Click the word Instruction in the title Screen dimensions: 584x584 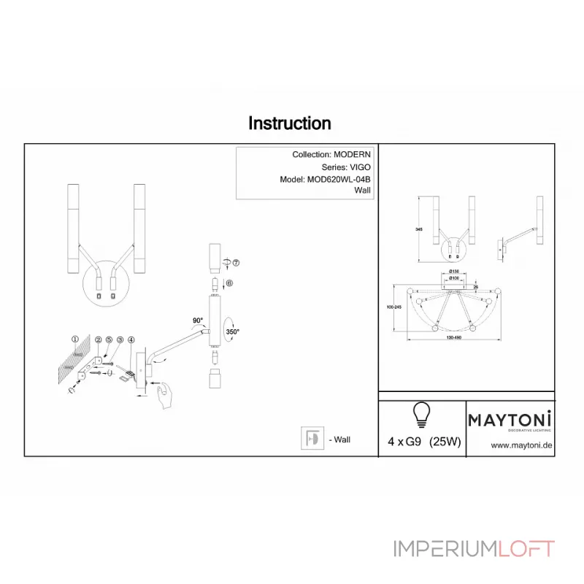(290, 123)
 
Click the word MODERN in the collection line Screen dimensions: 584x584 (353, 155)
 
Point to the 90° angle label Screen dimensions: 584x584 (198, 320)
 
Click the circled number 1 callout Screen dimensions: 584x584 (74, 339)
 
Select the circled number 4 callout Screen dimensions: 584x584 (131, 340)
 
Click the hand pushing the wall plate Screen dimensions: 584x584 (165, 396)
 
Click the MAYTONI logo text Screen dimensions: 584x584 (510, 419)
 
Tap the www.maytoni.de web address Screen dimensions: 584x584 (520, 445)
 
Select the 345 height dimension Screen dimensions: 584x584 (419, 229)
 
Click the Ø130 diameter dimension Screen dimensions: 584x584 (453, 272)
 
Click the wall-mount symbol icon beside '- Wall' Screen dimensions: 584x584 (312, 438)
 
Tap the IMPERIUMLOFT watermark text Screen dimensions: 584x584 (474, 548)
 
